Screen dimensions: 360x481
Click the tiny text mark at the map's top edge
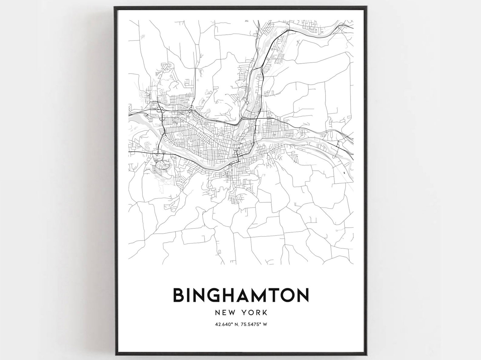(246, 21)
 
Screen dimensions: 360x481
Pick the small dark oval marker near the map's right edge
(345, 173)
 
